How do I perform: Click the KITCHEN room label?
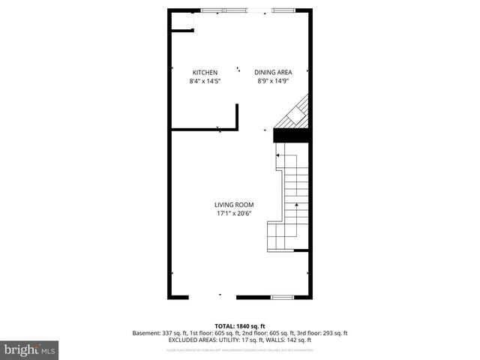coord(204,72)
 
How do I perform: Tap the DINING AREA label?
coord(272,72)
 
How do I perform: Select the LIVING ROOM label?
coord(234,205)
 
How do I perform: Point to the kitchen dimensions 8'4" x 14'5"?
coord(204,80)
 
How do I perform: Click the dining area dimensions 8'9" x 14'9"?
coord(272,80)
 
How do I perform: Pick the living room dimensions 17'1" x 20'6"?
coord(234,213)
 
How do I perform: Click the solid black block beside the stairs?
coord(291,135)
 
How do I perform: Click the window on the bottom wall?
coord(281,298)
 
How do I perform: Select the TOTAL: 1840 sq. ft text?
coord(239,326)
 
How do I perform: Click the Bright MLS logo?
coord(30,349)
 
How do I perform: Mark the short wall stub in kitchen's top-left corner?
coord(181,31)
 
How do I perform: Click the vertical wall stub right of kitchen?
coord(238,116)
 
